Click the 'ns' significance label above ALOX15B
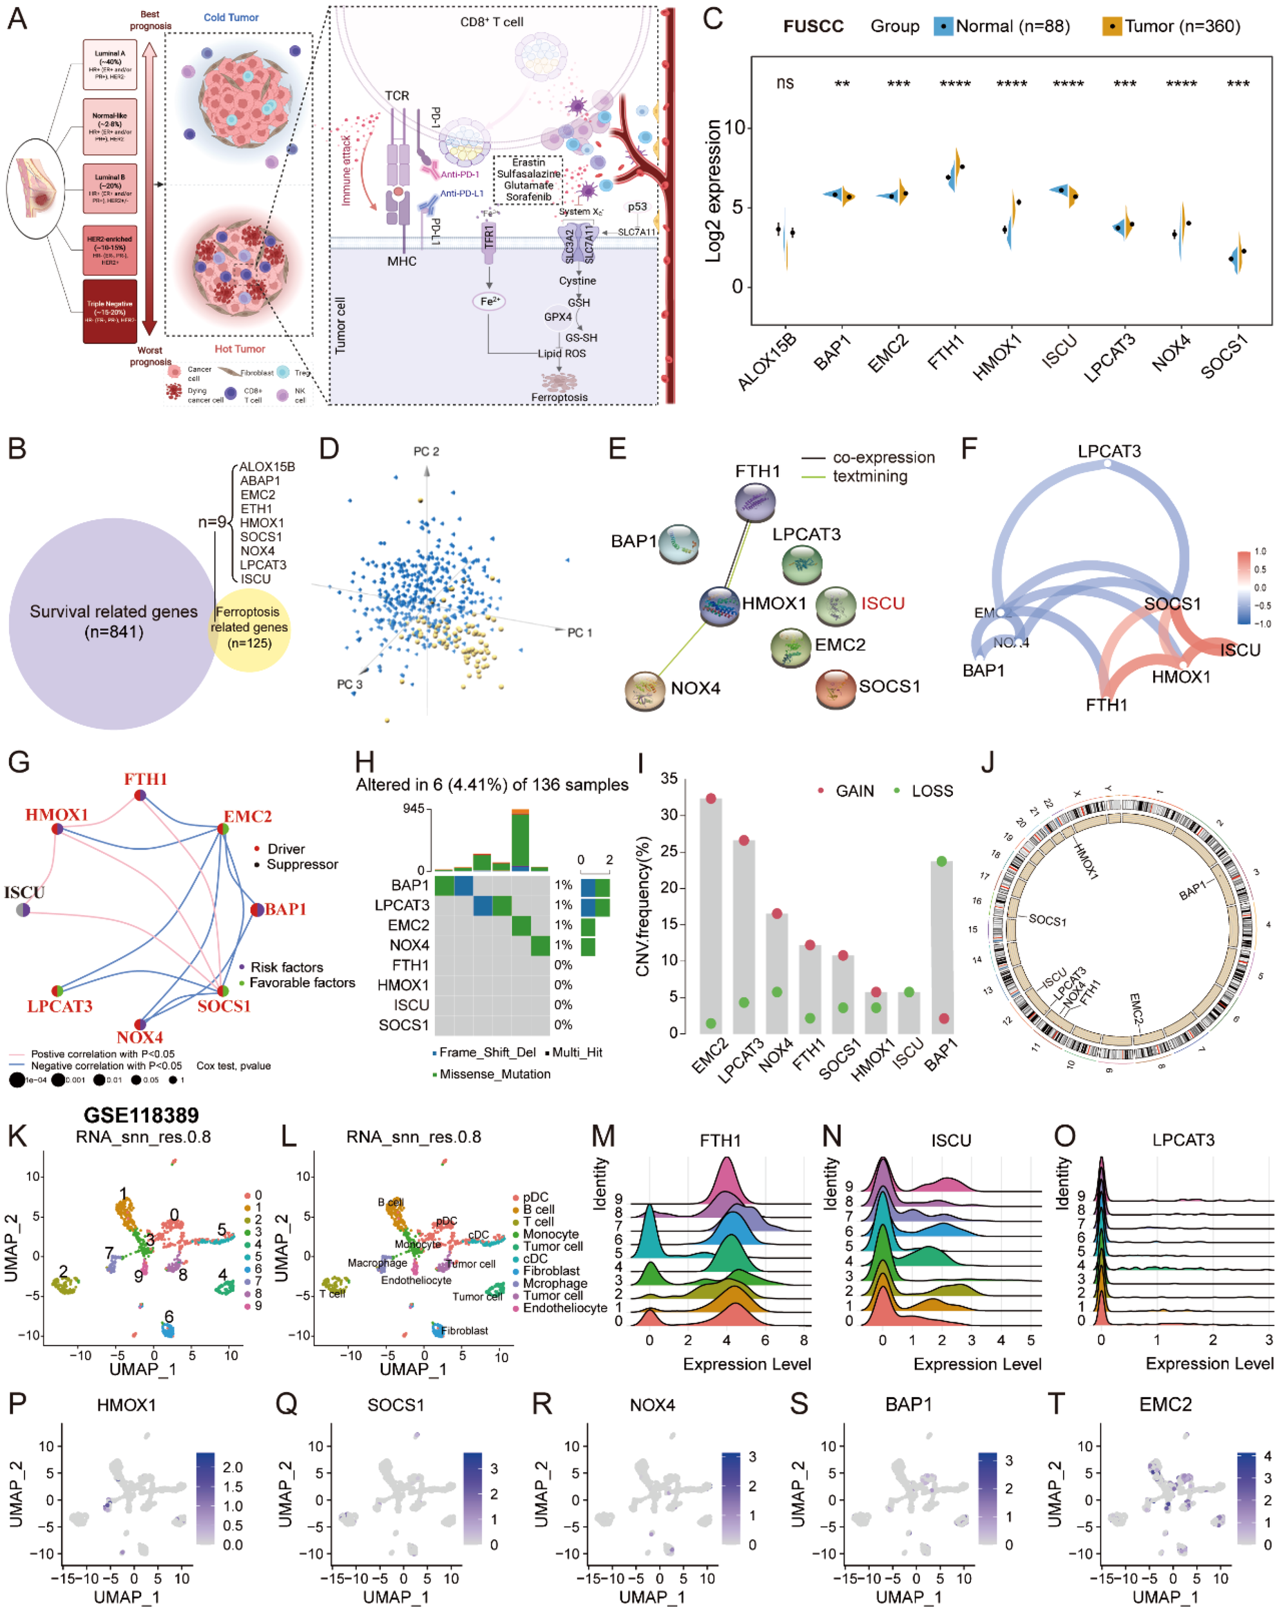coord(784,83)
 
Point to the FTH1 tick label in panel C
coord(945,352)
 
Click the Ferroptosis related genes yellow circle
coord(248,627)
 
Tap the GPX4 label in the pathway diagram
coord(557,317)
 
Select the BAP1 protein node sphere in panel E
coord(678,543)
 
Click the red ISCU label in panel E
coord(883,603)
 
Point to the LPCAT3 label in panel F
coord(1109,450)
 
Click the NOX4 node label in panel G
coord(140,1037)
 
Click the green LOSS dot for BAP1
coord(941,862)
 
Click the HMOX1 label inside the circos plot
coord(1086,859)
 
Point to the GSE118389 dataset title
coord(141,1115)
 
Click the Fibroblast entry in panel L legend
coord(551,1271)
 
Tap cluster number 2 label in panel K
coord(64,1270)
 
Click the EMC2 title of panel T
coord(1165,1405)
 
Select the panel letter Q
coord(286,1404)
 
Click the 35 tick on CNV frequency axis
coord(669,778)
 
